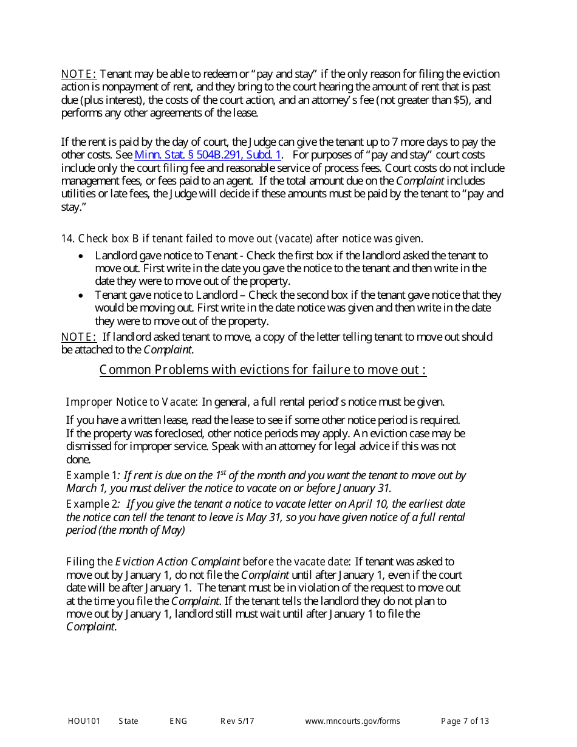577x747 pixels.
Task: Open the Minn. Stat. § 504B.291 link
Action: click(x=208, y=155)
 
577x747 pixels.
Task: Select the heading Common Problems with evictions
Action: click(x=262, y=370)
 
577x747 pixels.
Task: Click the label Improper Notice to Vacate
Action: click(x=131, y=402)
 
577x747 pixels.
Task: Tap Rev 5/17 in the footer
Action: click(x=237, y=721)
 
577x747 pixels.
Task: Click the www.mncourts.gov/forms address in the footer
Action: click(x=352, y=721)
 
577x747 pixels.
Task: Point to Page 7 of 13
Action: click(x=465, y=721)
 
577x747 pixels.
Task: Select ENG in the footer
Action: click(x=178, y=721)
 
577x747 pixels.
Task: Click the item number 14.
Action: click(x=67, y=239)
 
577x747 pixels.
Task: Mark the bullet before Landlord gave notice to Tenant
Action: click(x=81, y=256)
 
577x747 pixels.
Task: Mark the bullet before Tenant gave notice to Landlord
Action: click(x=81, y=295)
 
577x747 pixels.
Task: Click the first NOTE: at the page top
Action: click(x=78, y=75)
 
